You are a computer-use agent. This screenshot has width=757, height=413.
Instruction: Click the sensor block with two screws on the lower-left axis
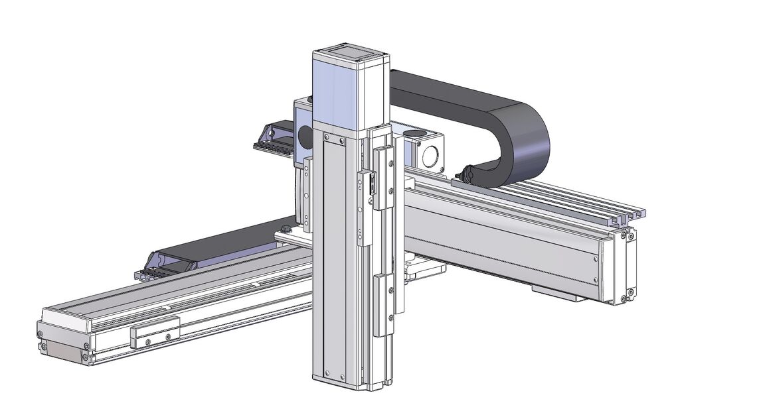tap(155, 336)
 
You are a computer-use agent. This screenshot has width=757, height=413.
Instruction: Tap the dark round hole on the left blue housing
tap(305, 137)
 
